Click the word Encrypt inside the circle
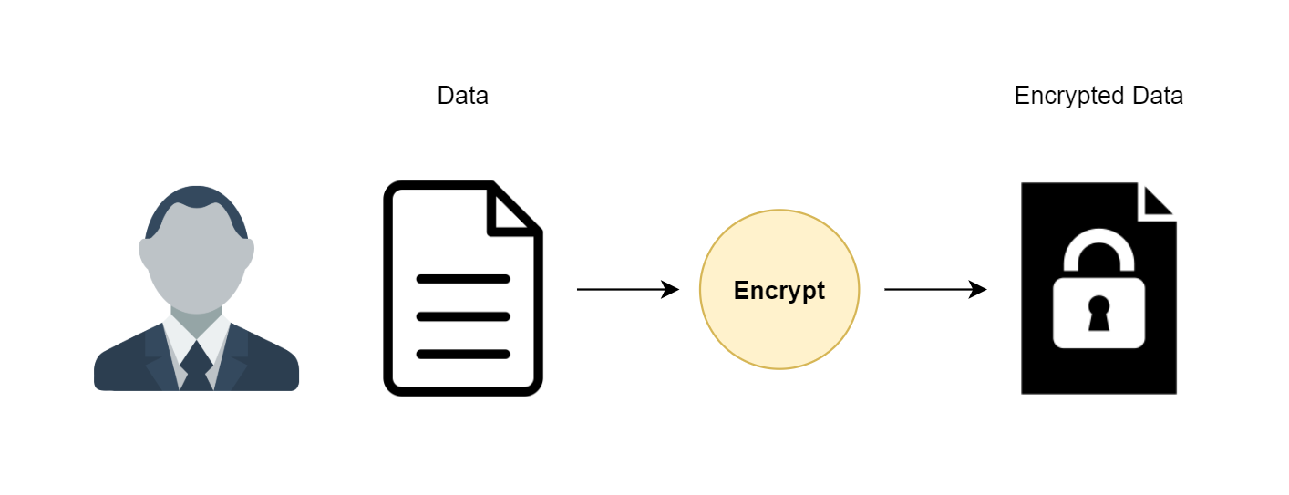779,291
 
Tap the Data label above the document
463,96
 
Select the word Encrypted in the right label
1068,96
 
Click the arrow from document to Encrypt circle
628,289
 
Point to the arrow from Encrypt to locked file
935,289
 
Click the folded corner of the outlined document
512,211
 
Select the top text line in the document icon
463,280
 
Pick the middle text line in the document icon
463,316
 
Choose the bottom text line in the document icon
463,354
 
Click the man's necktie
196,366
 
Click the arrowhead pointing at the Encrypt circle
670,289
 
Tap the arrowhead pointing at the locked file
977,289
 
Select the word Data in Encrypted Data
1157,96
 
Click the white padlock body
1098,313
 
